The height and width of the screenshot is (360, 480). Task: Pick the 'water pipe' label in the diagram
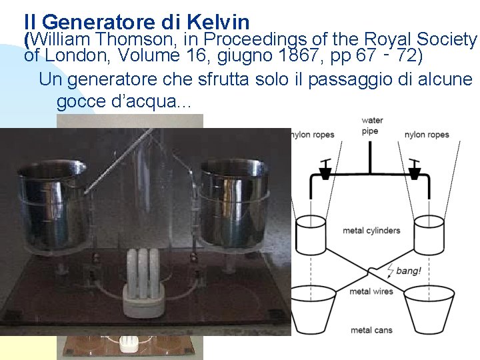pyautogui.click(x=371, y=125)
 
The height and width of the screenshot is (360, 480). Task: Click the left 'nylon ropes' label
pyautogui.click(x=313, y=135)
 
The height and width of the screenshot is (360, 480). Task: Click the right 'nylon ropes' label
pyautogui.click(x=427, y=135)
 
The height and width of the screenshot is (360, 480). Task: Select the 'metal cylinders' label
pyautogui.click(x=371, y=231)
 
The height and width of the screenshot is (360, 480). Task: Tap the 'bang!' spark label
pyautogui.click(x=408, y=271)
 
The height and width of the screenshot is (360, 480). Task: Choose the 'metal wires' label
pyautogui.click(x=371, y=291)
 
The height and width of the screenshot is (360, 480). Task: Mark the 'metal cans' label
pyautogui.click(x=371, y=330)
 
